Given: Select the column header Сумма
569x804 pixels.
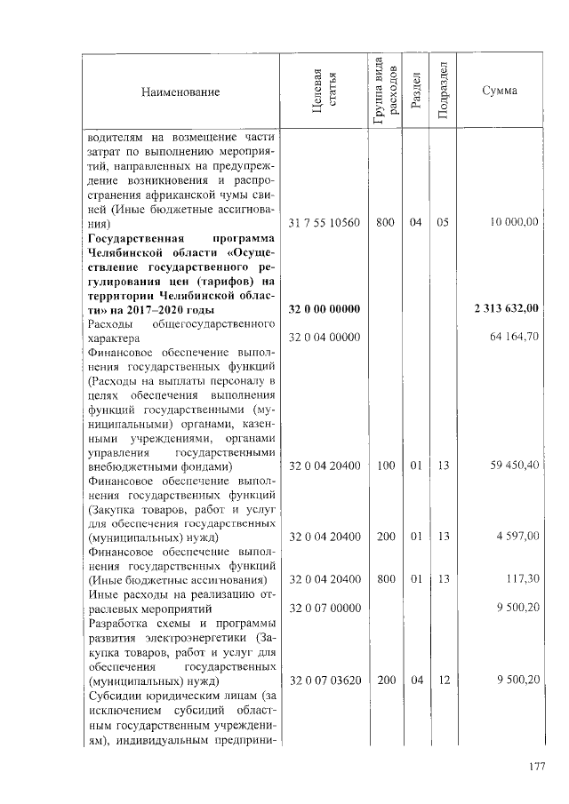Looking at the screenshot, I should [x=499, y=92].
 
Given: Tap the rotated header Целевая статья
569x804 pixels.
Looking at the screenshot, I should [x=324, y=92].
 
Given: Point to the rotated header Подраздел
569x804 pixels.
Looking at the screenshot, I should [x=445, y=92].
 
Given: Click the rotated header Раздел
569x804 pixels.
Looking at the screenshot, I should [x=415, y=92].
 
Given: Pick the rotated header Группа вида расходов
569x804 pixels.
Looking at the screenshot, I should [x=384, y=92].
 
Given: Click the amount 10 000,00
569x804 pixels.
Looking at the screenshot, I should [x=512, y=222].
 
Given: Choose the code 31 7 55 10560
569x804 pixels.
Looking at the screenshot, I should [x=325, y=222].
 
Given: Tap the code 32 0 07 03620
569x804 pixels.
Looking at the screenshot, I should [x=325, y=680].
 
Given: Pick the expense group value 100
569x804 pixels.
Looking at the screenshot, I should [x=384, y=465].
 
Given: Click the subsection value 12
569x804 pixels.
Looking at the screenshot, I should [x=445, y=680].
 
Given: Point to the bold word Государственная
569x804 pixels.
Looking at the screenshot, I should [x=135, y=237].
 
